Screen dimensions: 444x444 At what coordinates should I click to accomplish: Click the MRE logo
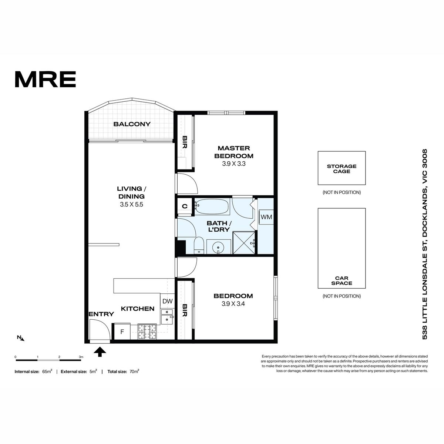46,79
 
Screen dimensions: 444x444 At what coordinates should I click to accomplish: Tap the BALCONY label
132,124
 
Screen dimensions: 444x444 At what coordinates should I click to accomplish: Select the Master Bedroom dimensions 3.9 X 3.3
233,164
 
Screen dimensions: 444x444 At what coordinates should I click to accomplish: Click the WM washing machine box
266,217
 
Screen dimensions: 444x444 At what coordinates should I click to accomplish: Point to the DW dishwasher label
168,301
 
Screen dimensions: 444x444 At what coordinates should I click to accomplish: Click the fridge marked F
122,332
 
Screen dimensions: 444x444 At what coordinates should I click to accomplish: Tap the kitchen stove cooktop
147,332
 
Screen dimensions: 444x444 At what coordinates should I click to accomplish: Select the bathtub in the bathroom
212,207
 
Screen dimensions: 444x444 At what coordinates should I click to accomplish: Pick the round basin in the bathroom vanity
218,248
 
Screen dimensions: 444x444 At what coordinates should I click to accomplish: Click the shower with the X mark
244,243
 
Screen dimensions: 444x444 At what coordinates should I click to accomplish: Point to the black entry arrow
100,352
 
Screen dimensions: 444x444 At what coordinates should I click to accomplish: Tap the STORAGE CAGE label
342,169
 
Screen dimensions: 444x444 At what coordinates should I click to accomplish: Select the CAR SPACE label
342,280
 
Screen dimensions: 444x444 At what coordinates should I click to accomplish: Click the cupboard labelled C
185,206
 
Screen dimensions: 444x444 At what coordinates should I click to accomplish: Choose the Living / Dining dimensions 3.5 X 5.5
131,204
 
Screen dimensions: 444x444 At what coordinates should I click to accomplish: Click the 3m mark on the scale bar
81,357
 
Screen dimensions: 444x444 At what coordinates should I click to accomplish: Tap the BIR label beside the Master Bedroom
185,142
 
